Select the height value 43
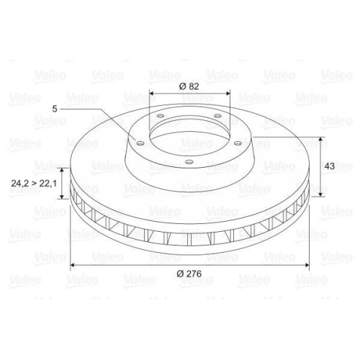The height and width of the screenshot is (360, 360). click(330, 166)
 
